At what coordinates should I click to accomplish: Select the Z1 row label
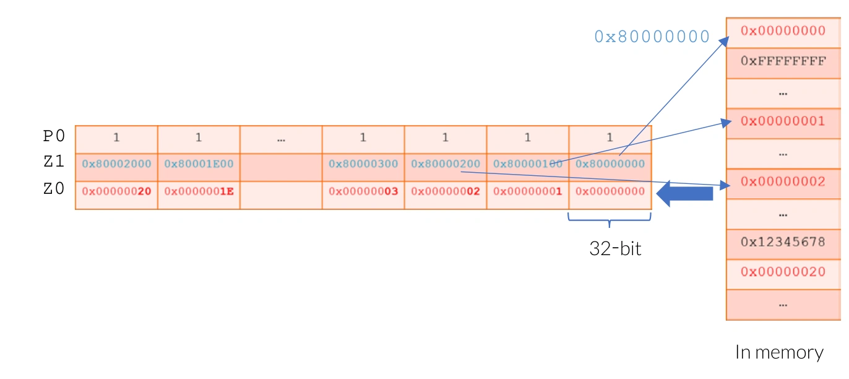(54, 163)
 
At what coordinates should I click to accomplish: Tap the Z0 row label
(54, 189)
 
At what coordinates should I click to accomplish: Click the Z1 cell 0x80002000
(116, 164)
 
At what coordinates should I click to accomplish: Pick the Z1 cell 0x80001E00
(199, 164)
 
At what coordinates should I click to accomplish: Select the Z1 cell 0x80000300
(363, 164)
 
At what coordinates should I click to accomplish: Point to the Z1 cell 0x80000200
(446, 164)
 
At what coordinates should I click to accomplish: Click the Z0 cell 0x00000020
(116, 191)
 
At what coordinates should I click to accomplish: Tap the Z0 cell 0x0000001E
(199, 191)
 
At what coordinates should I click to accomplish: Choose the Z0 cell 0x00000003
(363, 191)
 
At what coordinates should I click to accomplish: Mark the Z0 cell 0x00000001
(528, 191)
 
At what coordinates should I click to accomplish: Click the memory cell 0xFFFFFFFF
(783, 61)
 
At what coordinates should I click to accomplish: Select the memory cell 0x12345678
(783, 242)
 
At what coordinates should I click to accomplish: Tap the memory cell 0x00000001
(783, 121)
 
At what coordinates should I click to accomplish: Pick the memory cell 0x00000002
(783, 182)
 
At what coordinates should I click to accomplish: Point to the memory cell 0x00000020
(783, 272)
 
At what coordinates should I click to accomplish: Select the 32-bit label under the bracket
(615, 249)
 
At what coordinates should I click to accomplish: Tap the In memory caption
(779, 352)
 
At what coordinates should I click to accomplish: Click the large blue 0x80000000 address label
(652, 37)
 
